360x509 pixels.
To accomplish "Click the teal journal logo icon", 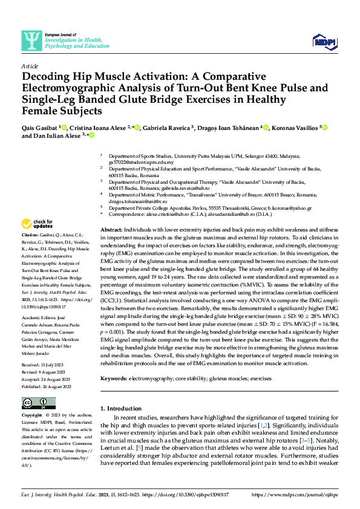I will point(30,40).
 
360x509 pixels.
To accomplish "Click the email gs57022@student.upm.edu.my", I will point(137,163).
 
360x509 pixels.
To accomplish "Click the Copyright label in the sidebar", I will point(32,416).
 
